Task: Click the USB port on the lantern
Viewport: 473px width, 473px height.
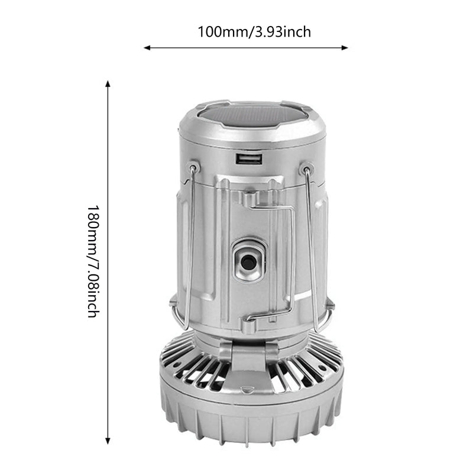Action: tap(247, 158)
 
